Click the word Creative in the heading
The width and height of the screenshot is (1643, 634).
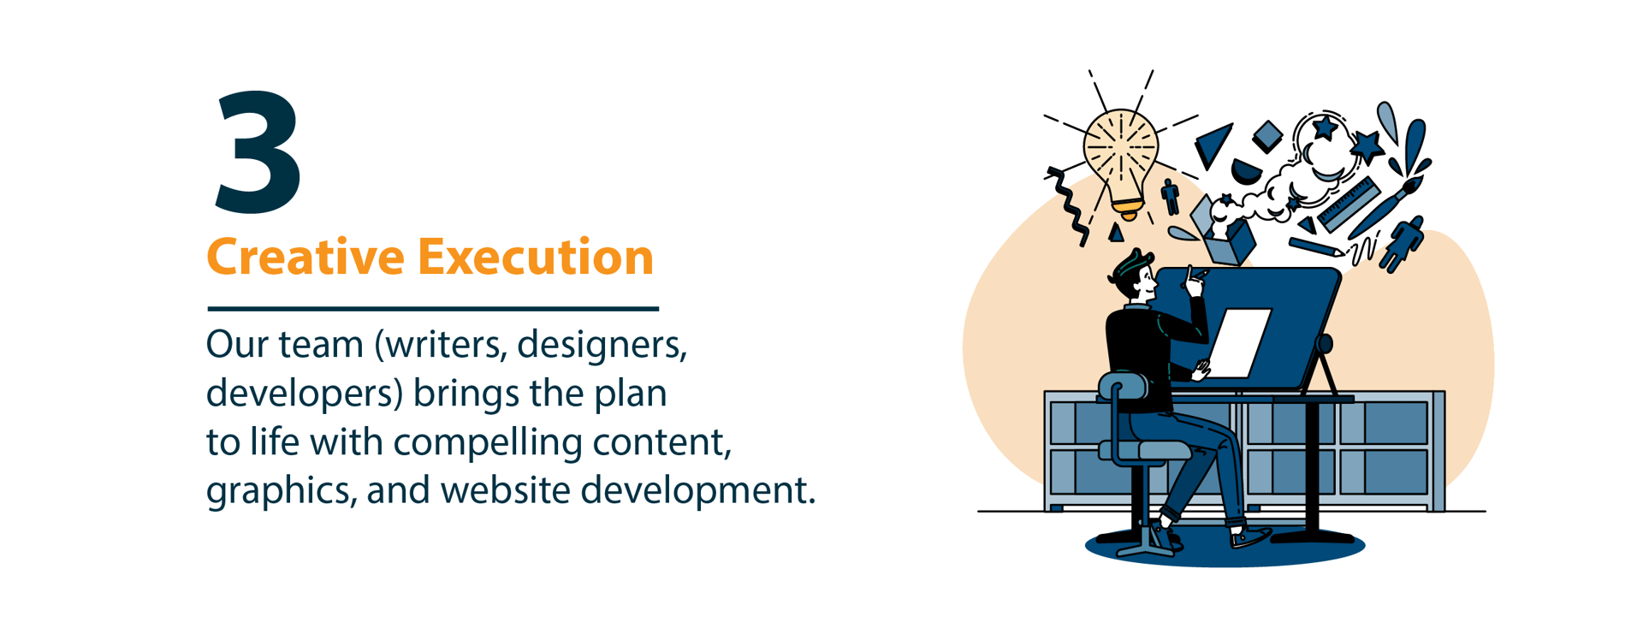[x=305, y=256]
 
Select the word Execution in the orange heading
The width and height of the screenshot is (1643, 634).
[x=536, y=256]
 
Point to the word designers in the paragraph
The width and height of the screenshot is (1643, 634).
[x=602, y=346]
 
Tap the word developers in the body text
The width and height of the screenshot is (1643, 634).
[x=304, y=394]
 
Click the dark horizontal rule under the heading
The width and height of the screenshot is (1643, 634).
[x=433, y=308]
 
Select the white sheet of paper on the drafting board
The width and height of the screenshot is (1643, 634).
[x=1240, y=343]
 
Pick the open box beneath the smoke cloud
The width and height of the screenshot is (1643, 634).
[x=1225, y=235]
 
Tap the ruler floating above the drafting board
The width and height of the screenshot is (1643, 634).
[x=1348, y=205]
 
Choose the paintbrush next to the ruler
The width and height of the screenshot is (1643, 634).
[x=1386, y=206]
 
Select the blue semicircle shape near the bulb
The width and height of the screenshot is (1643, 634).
[x=1246, y=171]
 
